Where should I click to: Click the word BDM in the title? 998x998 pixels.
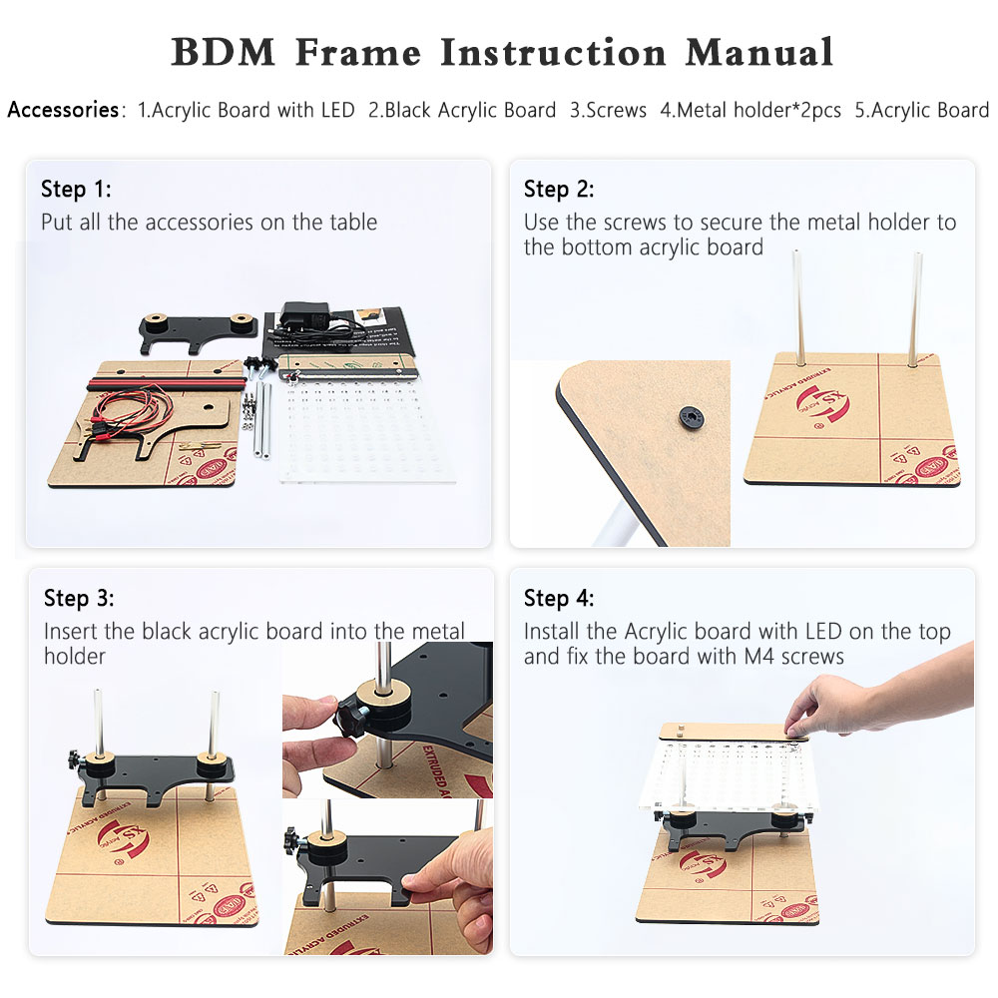[224, 52]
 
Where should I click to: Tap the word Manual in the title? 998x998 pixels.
[759, 52]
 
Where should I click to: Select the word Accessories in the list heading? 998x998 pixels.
[63, 110]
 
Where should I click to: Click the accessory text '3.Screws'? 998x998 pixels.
[608, 110]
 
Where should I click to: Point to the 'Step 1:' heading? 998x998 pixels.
[76, 189]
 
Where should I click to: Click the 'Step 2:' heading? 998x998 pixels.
[559, 189]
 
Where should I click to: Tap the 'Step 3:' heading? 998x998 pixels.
[79, 598]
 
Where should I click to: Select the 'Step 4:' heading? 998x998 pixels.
[559, 598]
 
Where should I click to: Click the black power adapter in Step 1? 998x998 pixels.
[304, 317]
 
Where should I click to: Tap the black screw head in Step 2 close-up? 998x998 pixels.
[692, 417]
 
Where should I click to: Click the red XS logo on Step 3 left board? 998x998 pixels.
[124, 839]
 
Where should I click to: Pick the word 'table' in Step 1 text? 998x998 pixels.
[353, 223]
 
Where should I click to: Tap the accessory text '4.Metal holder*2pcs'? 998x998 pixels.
[750, 110]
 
